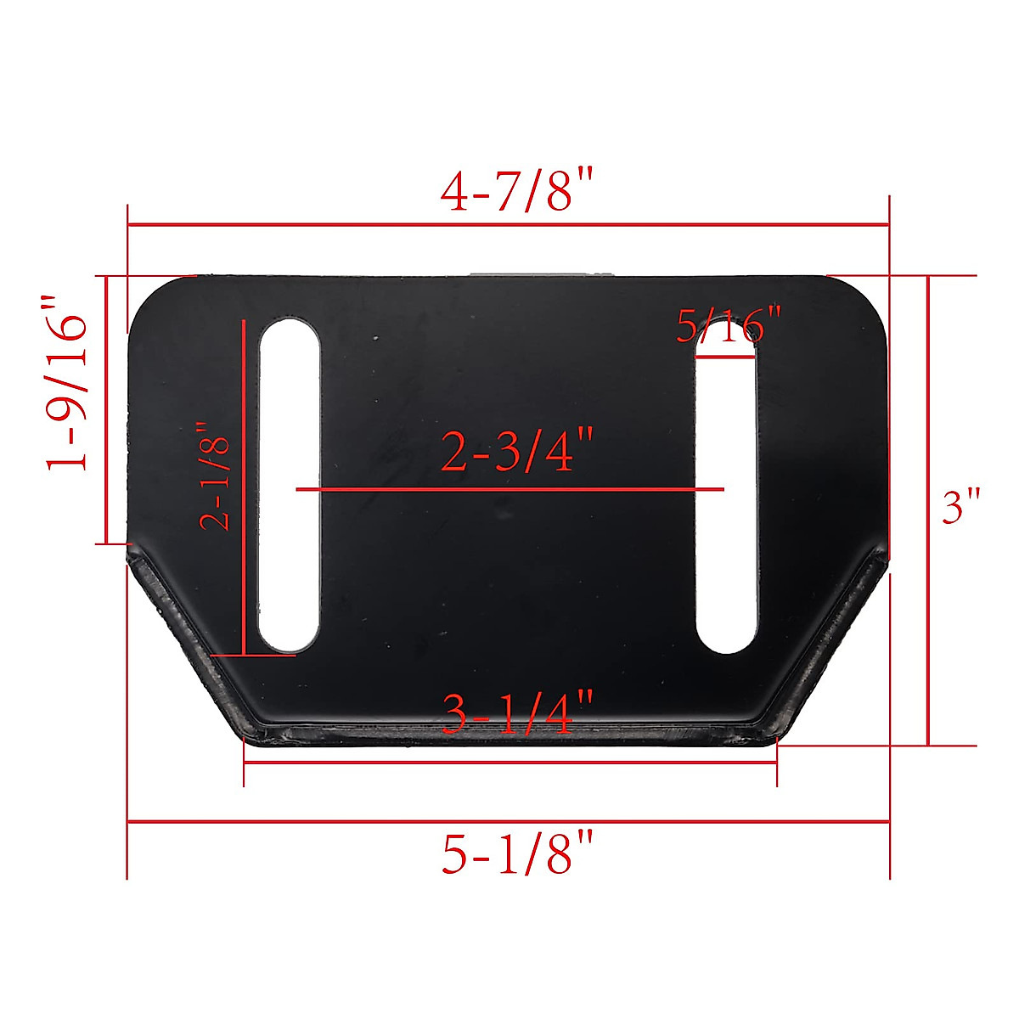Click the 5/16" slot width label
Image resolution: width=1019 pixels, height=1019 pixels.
(728, 325)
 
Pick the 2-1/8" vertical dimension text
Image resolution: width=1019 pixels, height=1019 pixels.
(216, 477)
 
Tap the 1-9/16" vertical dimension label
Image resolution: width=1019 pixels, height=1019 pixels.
(68, 382)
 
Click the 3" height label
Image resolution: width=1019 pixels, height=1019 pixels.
(961, 508)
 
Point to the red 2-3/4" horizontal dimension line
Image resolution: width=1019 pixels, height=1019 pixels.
(509, 490)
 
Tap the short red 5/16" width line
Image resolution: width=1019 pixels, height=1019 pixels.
(726, 358)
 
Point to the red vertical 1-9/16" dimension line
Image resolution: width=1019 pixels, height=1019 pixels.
(106, 409)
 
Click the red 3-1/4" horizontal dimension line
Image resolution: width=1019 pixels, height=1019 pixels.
(509, 763)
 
